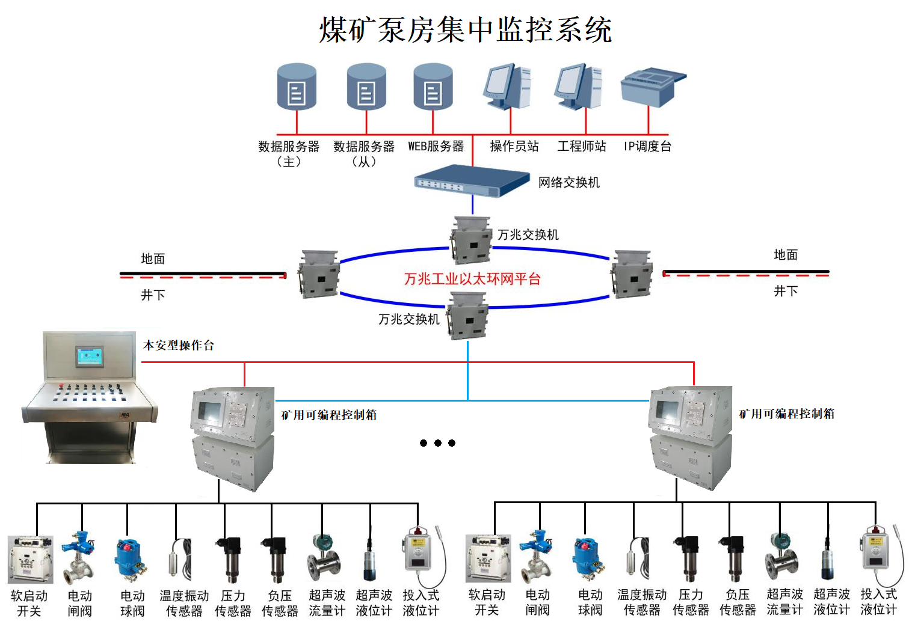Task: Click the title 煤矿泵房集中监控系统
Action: pyautogui.click(x=465, y=29)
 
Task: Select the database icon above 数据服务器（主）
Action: pyautogui.click(x=297, y=87)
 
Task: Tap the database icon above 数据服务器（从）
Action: pyautogui.click(x=366, y=87)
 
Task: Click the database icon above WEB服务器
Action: pyautogui.click(x=433, y=87)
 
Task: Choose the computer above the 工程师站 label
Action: pyautogui.click(x=579, y=87)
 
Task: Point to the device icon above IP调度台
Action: pyautogui.click(x=653, y=87)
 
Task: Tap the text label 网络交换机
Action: pyautogui.click(x=568, y=182)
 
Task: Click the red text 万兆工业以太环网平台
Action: pyautogui.click(x=472, y=279)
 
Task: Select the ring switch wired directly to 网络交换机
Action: pyautogui.click(x=471, y=240)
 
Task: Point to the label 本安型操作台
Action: pyautogui.click(x=179, y=346)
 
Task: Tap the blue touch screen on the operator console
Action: pyautogui.click(x=90, y=356)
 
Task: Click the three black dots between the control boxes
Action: pyautogui.click(x=437, y=443)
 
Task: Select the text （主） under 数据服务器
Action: pyautogui.click(x=289, y=162)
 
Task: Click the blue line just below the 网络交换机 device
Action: pyautogui.click(x=472, y=204)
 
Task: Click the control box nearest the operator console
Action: pyautogui.click(x=233, y=439)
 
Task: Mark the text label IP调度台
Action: pyautogui.click(x=647, y=146)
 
